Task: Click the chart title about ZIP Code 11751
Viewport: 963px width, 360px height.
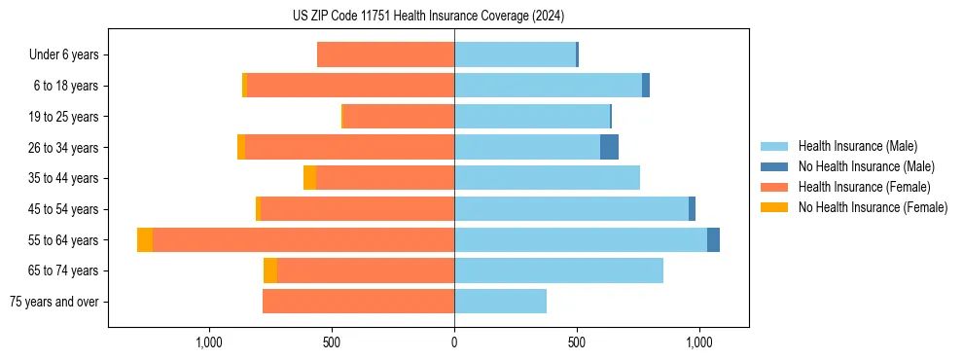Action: [x=428, y=17]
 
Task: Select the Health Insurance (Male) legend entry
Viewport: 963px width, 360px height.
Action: [x=855, y=146]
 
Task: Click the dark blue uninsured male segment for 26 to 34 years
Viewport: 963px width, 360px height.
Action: [x=609, y=148]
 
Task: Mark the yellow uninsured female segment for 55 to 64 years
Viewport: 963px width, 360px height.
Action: [x=145, y=240]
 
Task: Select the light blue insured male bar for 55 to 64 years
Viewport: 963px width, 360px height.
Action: [x=581, y=240]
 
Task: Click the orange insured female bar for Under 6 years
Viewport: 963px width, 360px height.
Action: [x=386, y=55]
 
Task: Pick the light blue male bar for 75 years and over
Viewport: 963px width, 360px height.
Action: [x=500, y=302]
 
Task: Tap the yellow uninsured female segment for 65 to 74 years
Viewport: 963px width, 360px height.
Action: [x=270, y=270]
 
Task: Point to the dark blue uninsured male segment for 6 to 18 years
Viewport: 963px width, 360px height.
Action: [x=646, y=86]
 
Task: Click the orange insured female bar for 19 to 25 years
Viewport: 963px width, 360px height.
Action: [x=399, y=117]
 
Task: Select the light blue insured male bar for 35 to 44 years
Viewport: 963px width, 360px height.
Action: [x=547, y=178]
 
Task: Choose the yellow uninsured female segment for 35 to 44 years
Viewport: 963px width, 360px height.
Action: [x=309, y=178]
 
